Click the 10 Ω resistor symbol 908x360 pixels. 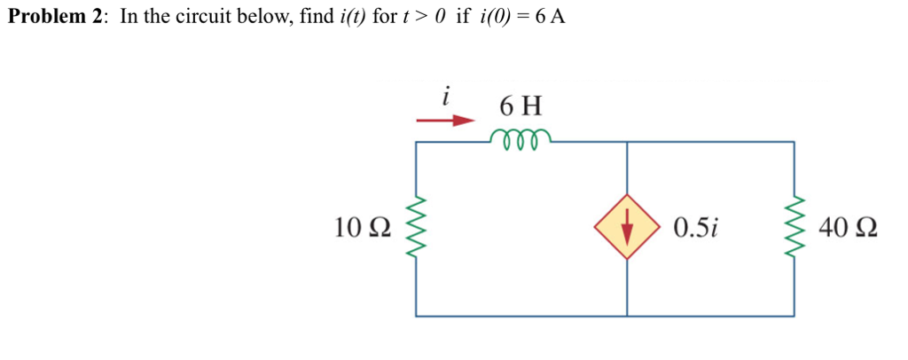click(x=417, y=228)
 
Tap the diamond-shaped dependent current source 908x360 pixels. click(x=628, y=227)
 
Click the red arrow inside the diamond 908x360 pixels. click(x=628, y=229)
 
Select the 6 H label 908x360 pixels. click(x=521, y=106)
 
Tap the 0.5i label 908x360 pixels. click(x=695, y=228)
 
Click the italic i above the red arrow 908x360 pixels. click(x=447, y=92)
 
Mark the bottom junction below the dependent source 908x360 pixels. click(x=628, y=316)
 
